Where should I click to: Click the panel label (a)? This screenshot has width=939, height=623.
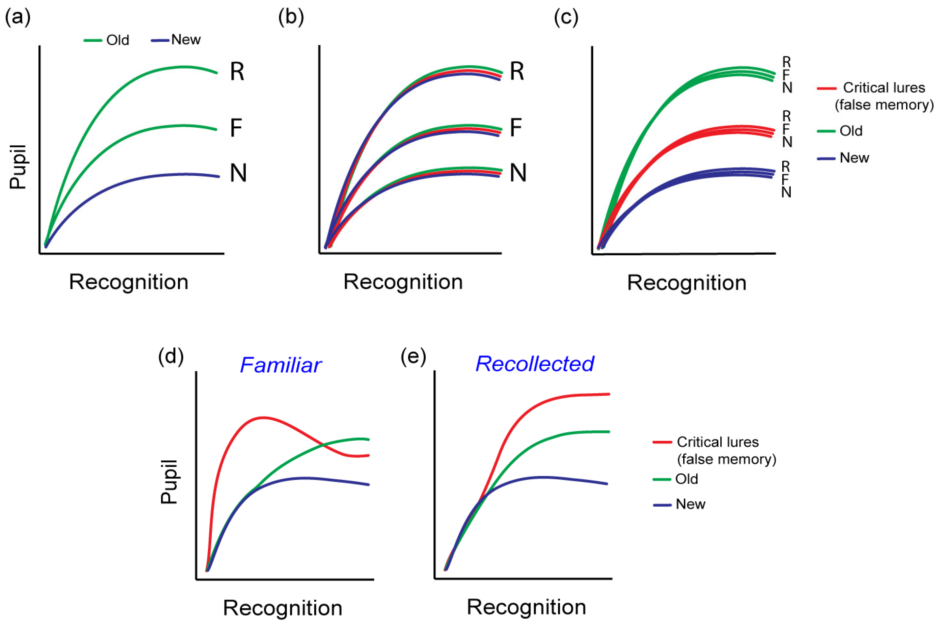[18, 18]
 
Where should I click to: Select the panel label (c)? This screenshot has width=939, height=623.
[566, 18]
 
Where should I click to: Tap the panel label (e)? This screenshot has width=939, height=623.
[413, 357]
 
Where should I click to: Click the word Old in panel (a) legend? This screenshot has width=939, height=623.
[118, 40]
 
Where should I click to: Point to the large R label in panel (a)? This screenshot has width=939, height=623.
[237, 72]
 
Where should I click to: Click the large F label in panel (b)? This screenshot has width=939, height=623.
[516, 128]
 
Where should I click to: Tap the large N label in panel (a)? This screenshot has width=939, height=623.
[238, 173]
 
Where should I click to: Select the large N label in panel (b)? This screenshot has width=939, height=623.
[518, 173]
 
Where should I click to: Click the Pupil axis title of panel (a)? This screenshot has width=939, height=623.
[18, 167]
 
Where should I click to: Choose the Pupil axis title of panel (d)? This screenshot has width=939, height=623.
[169, 482]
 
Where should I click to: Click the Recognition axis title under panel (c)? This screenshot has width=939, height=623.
[686, 283]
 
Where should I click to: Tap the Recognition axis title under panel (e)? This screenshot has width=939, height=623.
[526, 607]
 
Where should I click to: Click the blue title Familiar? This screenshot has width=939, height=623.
[280, 365]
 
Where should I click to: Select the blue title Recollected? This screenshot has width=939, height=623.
[535, 363]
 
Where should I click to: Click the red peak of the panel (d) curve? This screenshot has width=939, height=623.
[262, 418]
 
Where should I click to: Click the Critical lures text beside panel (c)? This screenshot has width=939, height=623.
[884, 88]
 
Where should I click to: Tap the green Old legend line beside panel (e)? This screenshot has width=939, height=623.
[662, 479]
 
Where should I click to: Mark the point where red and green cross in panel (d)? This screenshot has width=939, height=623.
[324, 445]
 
